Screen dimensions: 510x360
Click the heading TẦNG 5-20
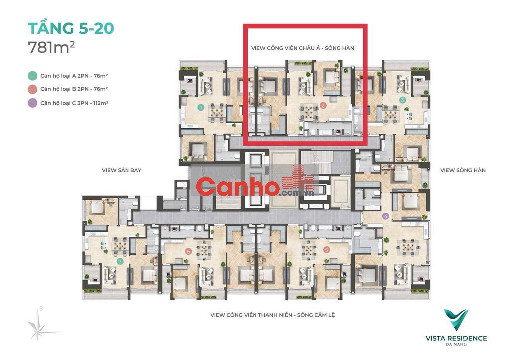[71, 28]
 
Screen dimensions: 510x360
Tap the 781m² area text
[52, 47]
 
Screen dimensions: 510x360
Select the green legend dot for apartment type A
[32, 76]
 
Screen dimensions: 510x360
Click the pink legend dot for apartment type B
[32, 89]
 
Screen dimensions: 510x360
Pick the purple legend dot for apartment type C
[32, 103]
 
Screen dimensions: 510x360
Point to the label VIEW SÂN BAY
[122, 170]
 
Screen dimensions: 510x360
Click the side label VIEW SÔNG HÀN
[463, 170]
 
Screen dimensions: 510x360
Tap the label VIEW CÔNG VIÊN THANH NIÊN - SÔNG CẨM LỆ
[272, 315]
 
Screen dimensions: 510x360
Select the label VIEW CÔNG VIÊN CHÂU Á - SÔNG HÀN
[302, 48]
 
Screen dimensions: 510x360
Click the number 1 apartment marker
[201, 107]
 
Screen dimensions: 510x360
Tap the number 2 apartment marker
[323, 105]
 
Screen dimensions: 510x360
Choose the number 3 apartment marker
[402, 100]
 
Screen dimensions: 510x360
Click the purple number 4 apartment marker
[386, 216]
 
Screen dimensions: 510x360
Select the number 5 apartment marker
[327, 250]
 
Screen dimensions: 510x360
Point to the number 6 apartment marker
[188, 251]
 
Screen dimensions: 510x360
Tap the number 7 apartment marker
[120, 261]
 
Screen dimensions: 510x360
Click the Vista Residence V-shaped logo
[456, 319]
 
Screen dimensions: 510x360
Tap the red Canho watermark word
[238, 186]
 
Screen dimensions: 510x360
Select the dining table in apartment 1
[216, 112]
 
